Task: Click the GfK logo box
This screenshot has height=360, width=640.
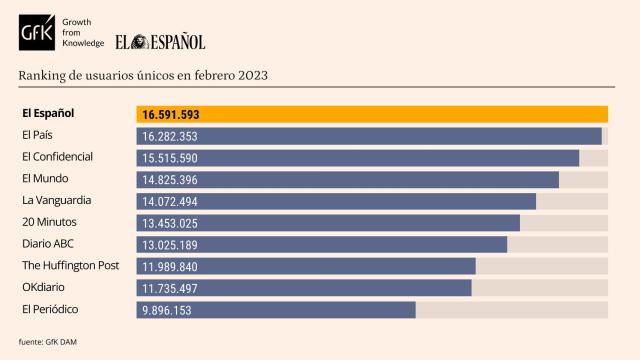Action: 38,34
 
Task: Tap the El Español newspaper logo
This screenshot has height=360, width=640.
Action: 160,42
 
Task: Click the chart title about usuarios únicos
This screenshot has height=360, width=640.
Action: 143,76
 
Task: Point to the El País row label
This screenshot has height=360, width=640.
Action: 38,135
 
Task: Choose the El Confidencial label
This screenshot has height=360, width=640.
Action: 57,157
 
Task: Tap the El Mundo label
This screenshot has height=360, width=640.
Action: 45,179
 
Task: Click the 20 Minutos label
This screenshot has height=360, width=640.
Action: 49,222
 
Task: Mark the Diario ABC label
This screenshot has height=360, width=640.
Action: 48,244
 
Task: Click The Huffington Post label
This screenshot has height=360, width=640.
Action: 70,266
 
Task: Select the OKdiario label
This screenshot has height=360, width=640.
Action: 45,288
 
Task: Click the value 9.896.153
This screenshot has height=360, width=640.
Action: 167,311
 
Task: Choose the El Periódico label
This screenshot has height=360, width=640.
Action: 50,310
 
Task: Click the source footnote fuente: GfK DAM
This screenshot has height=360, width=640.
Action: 48,342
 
